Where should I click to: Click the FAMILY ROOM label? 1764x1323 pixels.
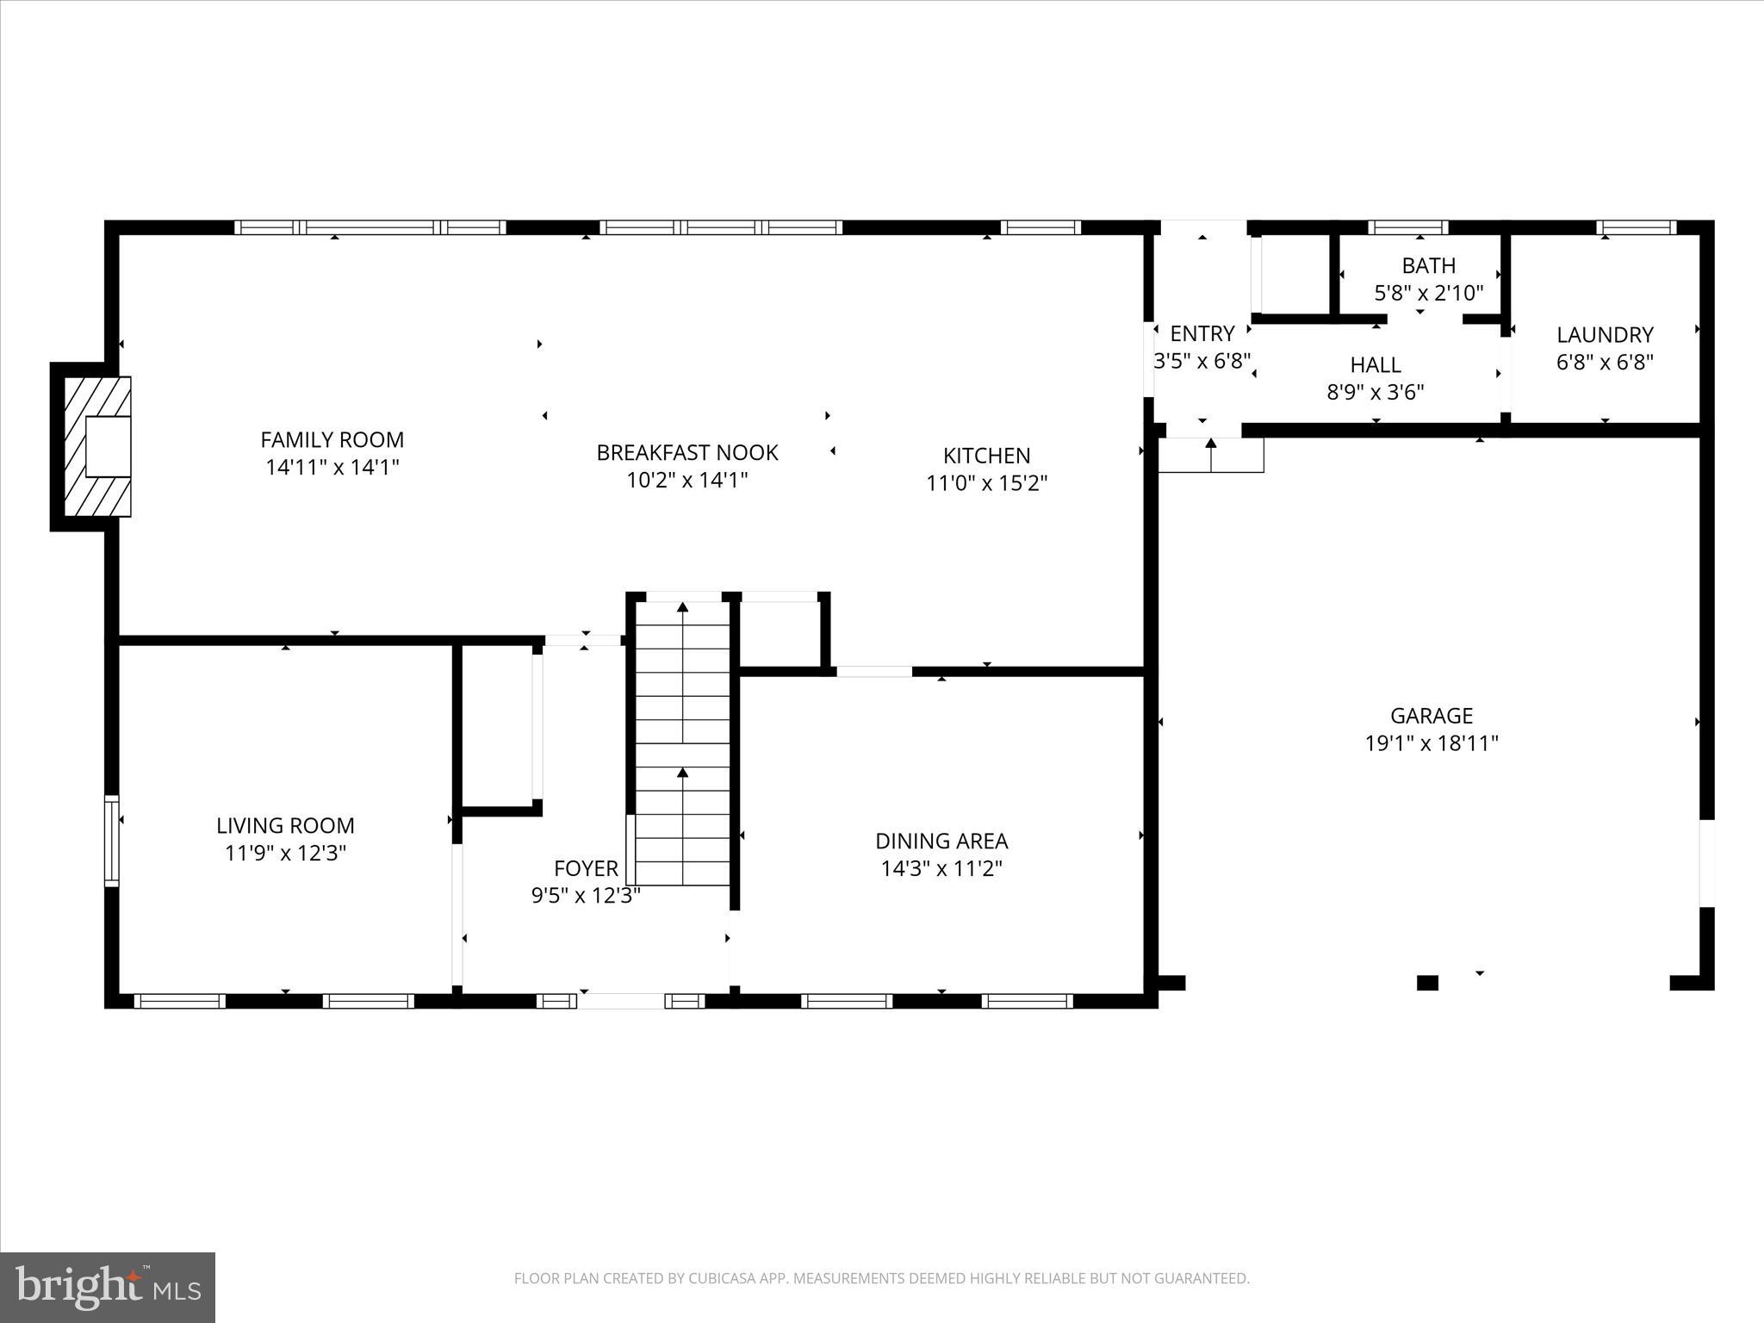click(332, 439)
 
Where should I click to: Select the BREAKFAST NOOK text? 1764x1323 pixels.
click(686, 452)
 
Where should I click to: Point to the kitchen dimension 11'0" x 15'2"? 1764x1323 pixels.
click(986, 483)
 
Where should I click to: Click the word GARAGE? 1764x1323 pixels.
click(1431, 715)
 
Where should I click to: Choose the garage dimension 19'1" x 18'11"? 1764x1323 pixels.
click(1431, 743)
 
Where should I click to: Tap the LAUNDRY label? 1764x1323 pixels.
click(1604, 334)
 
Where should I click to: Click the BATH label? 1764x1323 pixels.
click(1428, 265)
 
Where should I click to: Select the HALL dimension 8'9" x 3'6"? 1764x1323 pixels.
click(1375, 393)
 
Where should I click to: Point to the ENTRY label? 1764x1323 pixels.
click(1202, 333)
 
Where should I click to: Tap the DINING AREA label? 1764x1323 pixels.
click(941, 841)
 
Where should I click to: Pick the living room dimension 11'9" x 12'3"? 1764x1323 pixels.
click(285, 854)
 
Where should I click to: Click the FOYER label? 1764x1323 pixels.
click(586, 868)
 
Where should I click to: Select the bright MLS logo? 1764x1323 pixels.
click(108, 1288)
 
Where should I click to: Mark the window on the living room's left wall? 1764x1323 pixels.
click(111, 841)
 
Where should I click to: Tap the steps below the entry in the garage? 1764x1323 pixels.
click(1210, 456)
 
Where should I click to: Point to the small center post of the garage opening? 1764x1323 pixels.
click(1427, 983)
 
